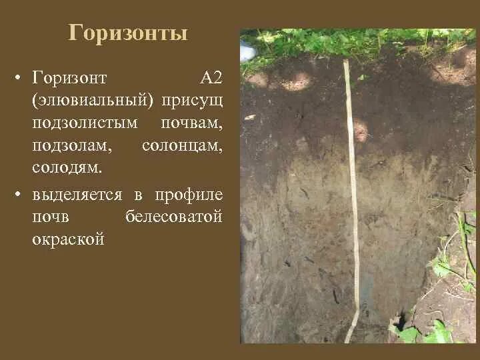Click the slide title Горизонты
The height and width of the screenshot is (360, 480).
[127, 33]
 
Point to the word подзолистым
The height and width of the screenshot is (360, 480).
[85, 123]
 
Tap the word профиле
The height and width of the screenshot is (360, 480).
[189, 195]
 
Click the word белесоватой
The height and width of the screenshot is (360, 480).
[173, 217]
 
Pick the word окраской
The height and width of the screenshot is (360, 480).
[69, 239]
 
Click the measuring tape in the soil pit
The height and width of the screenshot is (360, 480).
[351, 200]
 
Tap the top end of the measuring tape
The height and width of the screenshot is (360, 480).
[346, 63]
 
